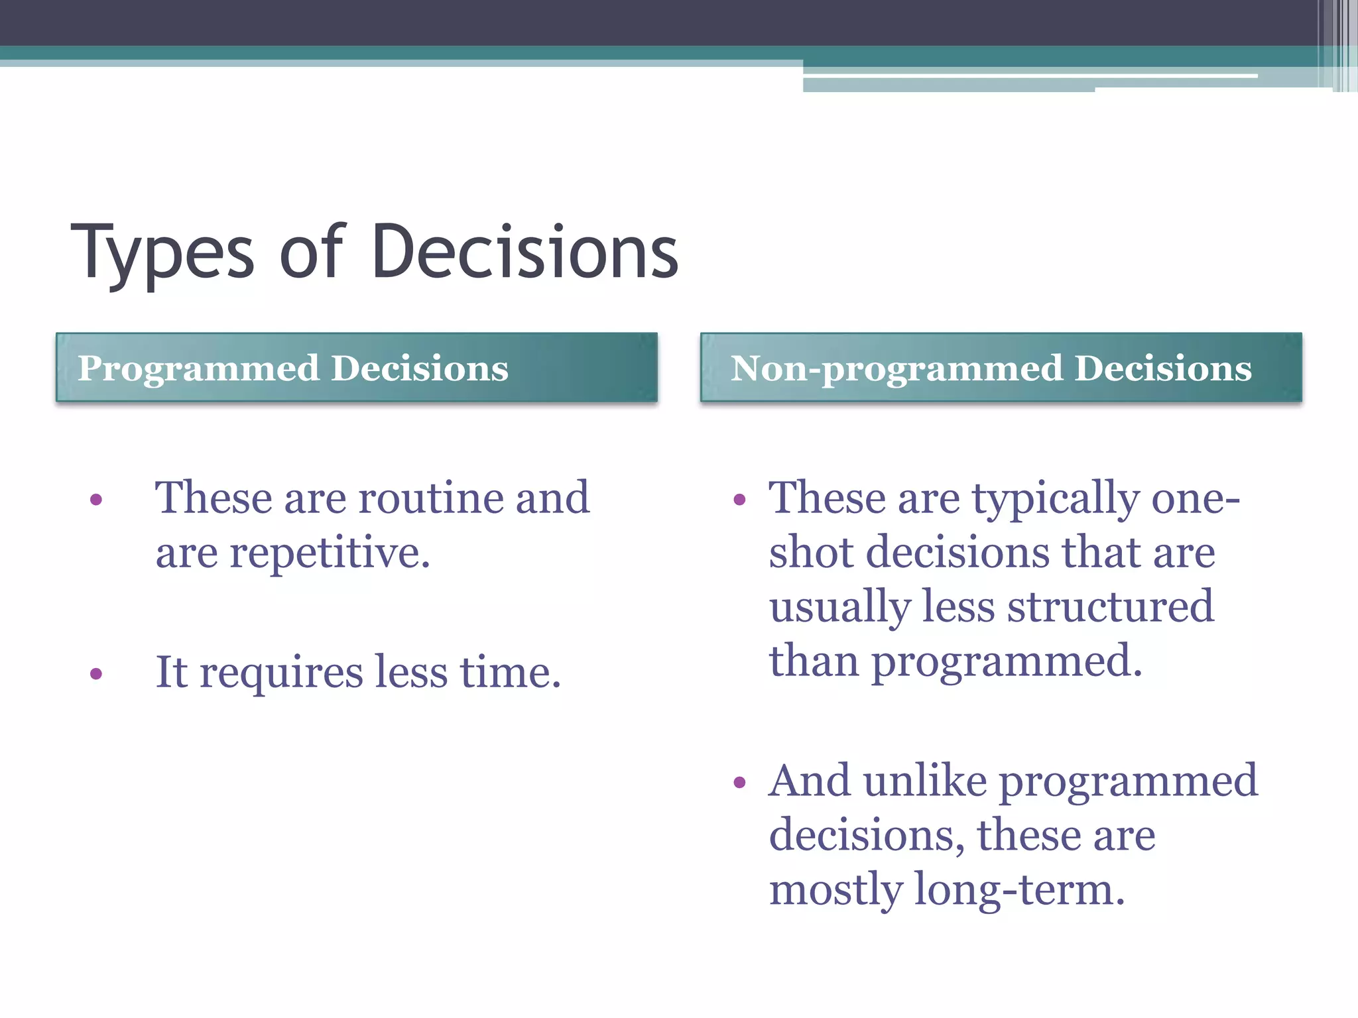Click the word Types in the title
click(x=162, y=255)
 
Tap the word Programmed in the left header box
click(x=198, y=369)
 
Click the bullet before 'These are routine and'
click(x=96, y=499)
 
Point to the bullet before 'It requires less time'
click(x=96, y=674)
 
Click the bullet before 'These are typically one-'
click(x=740, y=499)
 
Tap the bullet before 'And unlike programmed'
click(x=740, y=783)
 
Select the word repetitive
click(x=330, y=553)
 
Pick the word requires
click(x=281, y=673)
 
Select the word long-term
click(x=1019, y=889)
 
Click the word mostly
click(x=835, y=889)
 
